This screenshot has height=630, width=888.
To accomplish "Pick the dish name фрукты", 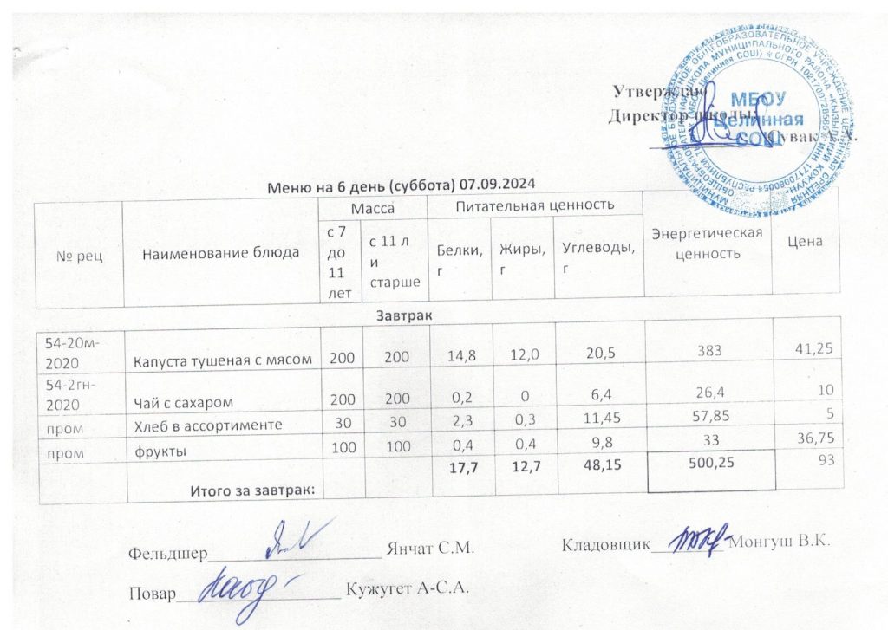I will click(x=153, y=449).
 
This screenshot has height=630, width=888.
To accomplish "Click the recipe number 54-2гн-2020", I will click(x=75, y=396).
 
